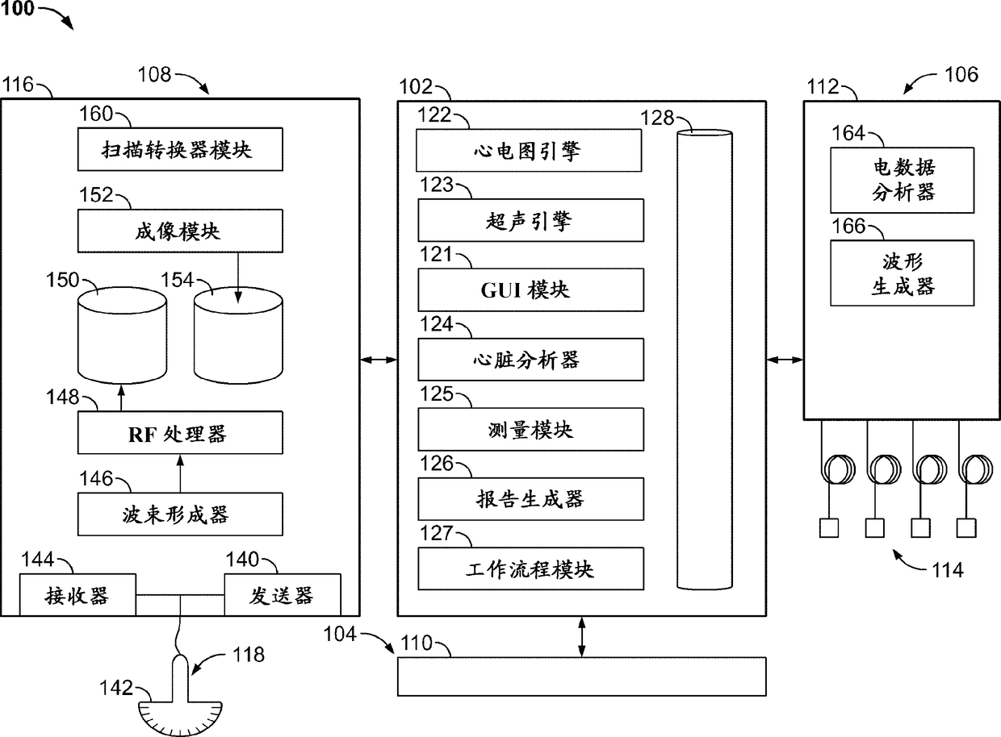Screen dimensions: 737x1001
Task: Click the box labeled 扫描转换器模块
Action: [180, 149]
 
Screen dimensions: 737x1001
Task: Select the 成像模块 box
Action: [180, 231]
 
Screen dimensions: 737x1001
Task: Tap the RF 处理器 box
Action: [180, 433]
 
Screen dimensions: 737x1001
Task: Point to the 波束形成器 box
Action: [180, 514]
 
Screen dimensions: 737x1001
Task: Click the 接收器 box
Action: [77, 595]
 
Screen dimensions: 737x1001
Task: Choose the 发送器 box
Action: [282, 595]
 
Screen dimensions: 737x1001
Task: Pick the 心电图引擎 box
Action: [530, 149]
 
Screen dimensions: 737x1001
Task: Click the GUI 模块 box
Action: [530, 289]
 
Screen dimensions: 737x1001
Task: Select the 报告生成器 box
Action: [530, 499]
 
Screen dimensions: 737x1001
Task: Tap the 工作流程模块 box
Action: [530, 568]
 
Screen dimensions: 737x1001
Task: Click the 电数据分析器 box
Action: [903, 180]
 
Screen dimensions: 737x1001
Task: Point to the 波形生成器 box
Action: [903, 273]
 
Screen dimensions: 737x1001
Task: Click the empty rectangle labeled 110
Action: [581, 676]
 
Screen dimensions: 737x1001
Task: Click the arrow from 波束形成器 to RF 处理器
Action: [180, 473]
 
